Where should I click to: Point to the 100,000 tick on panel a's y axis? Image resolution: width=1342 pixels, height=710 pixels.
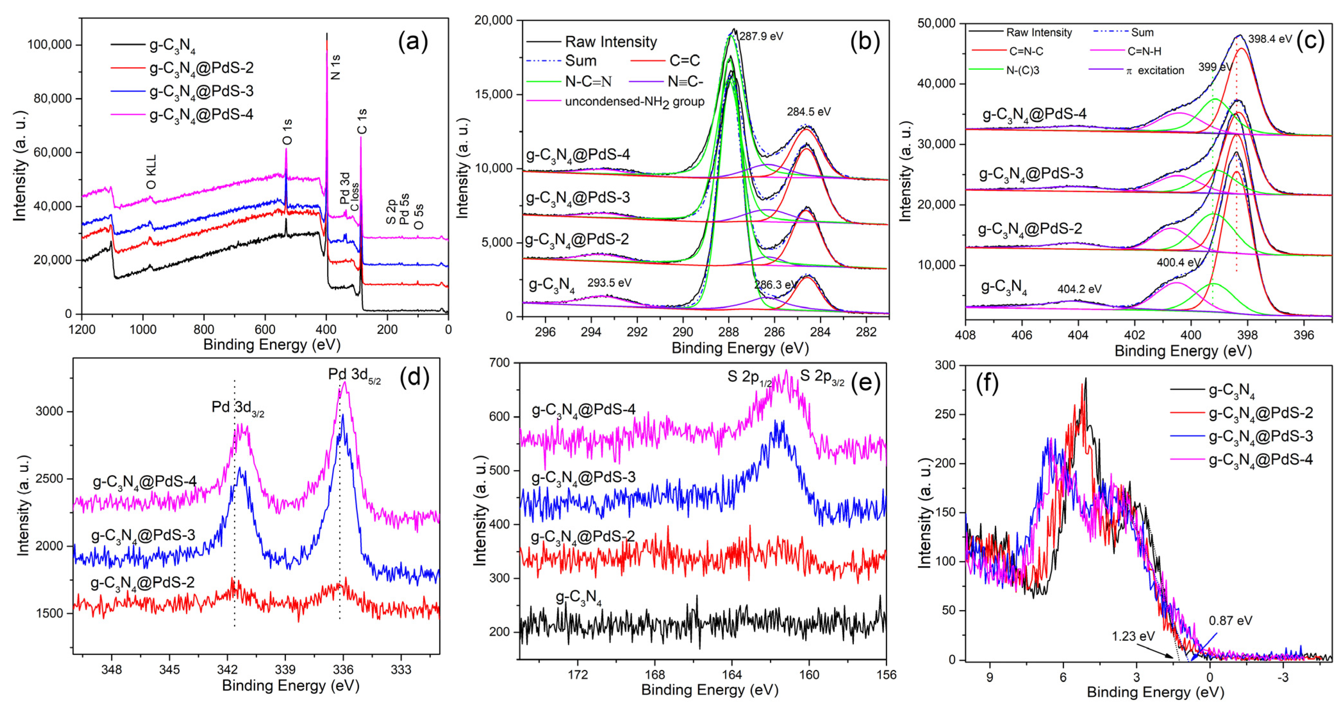tap(50, 45)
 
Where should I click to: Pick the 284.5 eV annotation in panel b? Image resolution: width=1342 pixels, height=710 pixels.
tap(808, 112)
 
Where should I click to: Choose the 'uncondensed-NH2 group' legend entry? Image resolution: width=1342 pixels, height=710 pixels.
tap(634, 102)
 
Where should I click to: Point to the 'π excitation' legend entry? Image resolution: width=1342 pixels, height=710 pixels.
tap(1154, 71)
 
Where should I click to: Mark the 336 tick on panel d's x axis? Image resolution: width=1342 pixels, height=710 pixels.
tap(343, 669)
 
